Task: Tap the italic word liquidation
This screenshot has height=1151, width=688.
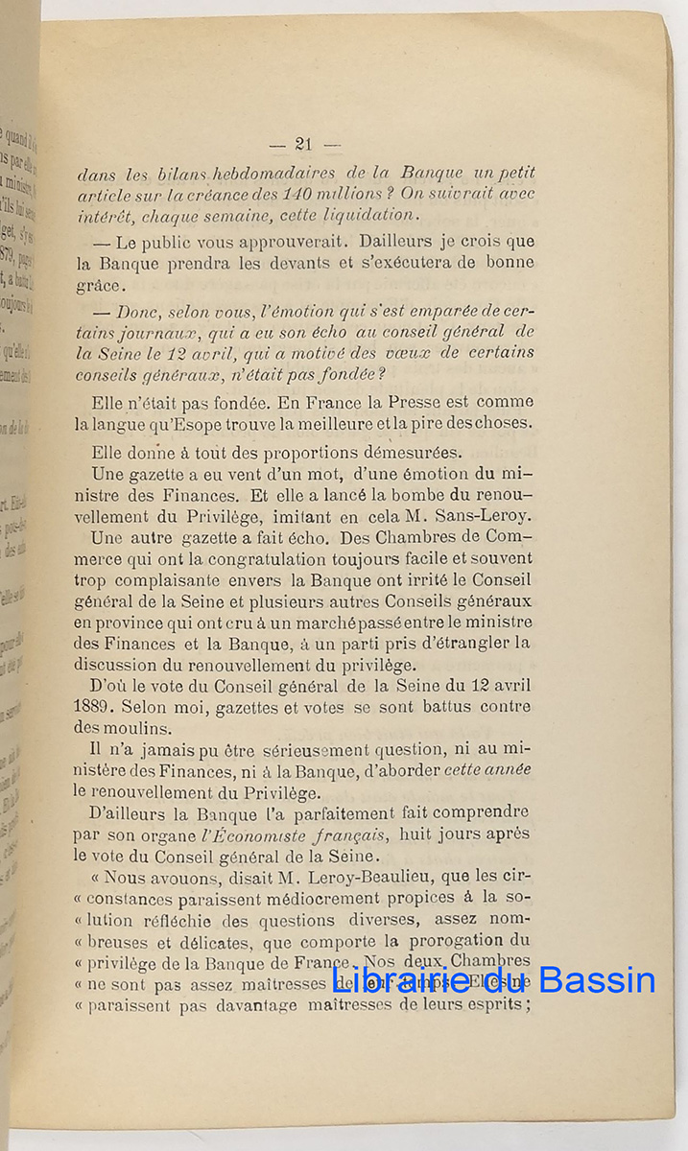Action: [368, 214]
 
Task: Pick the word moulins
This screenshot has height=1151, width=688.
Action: [136, 727]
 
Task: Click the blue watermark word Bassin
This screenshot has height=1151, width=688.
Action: [596, 979]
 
